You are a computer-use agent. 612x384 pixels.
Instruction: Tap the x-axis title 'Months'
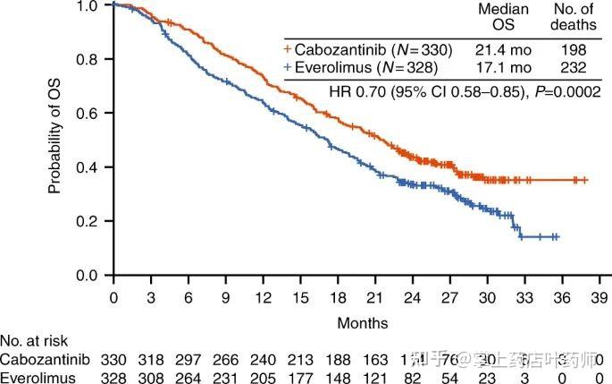tap(363, 320)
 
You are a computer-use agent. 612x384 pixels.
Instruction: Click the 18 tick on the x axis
tap(339, 296)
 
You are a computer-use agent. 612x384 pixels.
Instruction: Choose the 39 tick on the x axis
tap(599, 296)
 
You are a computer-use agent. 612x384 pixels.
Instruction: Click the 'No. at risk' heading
tap(33, 341)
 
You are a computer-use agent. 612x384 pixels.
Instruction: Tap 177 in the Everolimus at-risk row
tap(301, 378)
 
